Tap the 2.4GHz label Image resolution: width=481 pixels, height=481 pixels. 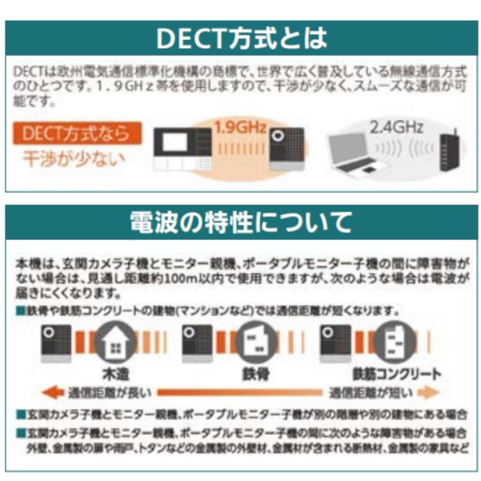pos(396,127)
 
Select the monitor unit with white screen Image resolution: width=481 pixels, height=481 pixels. pos(182,148)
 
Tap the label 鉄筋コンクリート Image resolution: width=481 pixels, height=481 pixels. pos(396,373)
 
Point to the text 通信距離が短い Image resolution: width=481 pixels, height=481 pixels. pos(370,393)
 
